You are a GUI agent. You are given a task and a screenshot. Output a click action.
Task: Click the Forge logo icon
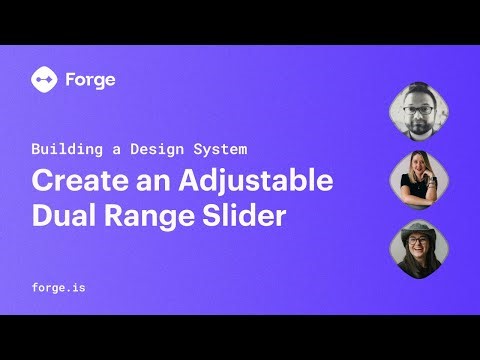pos(43,79)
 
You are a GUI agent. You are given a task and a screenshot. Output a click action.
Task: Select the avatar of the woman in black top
pos(419,179)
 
